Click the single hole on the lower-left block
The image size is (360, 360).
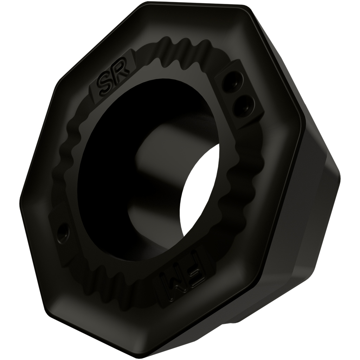click(x=63, y=230)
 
